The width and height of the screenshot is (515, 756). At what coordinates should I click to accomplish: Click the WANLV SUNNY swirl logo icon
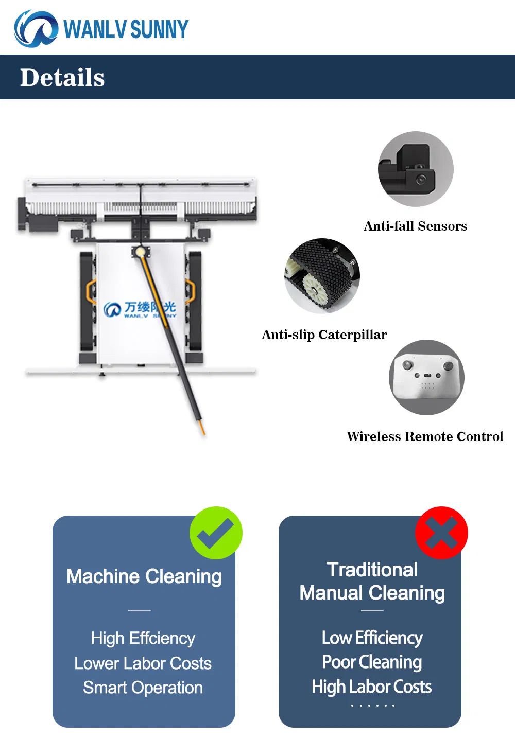[36, 29]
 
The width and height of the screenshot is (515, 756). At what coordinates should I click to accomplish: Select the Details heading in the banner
[62, 78]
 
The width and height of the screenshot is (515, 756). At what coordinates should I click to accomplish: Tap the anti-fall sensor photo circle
[416, 169]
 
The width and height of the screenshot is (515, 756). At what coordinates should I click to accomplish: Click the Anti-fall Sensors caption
[415, 226]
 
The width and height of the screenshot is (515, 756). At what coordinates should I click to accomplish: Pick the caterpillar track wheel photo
[322, 275]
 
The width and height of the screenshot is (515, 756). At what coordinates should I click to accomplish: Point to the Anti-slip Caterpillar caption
[324, 335]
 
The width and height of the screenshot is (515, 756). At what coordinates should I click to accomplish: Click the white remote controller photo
[426, 377]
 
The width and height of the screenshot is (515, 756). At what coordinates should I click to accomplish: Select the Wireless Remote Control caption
[425, 437]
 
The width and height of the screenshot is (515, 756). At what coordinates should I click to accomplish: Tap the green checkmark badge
[216, 533]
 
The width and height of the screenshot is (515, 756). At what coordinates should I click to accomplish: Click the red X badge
[441, 533]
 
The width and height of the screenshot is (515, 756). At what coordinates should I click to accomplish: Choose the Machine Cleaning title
[144, 576]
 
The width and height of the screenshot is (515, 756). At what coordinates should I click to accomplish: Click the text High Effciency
[143, 638]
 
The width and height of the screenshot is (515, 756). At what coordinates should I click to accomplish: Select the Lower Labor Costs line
[143, 663]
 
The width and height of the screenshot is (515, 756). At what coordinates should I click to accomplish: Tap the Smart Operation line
[143, 688]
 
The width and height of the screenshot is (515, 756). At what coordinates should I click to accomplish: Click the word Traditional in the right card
[372, 570]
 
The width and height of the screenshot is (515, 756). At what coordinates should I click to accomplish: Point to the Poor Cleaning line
[372, 662]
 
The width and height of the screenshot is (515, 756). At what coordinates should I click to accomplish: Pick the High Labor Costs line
[372, 687]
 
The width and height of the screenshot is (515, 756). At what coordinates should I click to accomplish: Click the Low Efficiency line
[372, 638]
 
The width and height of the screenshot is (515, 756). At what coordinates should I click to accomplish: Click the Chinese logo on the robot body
[140, 309]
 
